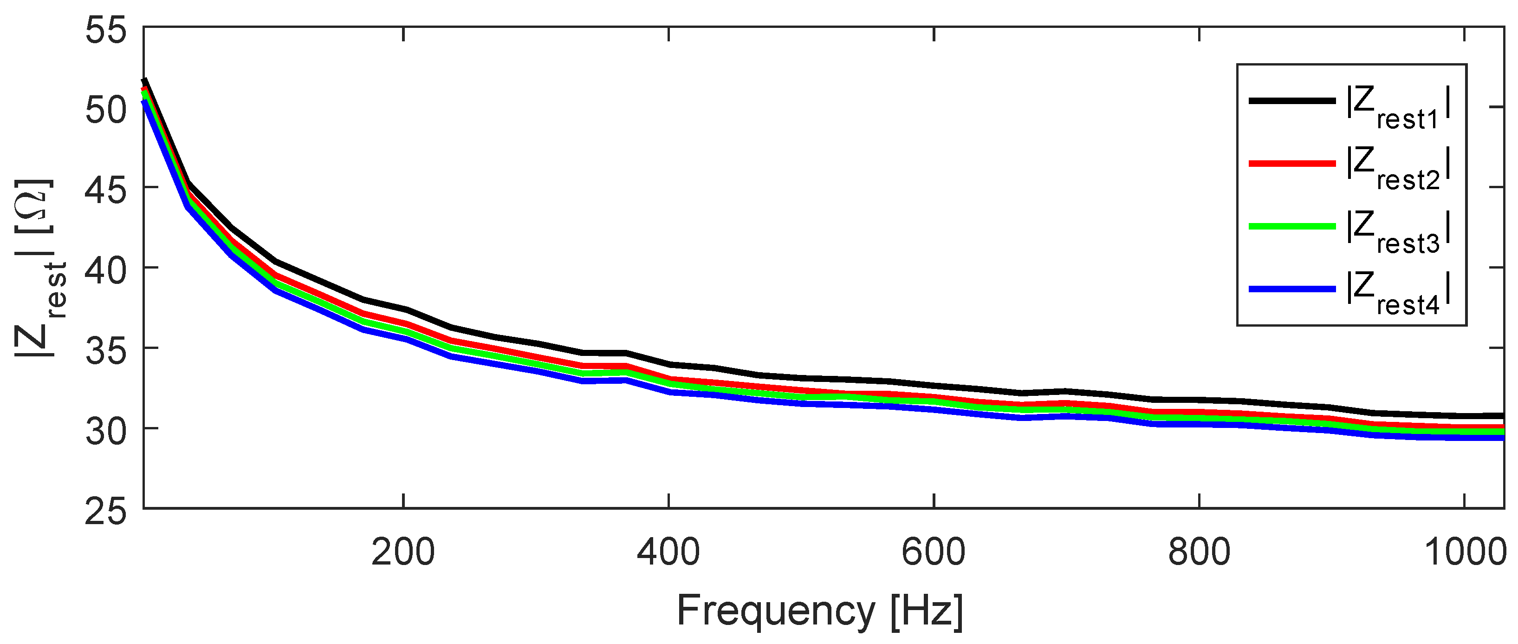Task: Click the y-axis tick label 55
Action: [x=105, y=30]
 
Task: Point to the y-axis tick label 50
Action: [x=105, y=110]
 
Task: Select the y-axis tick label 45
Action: [x=105, y=191]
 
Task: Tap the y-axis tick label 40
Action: [x=105, y=271]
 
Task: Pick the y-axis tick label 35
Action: [x=105, y=351]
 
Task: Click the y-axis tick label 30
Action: [x=105, y=431]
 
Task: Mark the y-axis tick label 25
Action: [x=105, y=511]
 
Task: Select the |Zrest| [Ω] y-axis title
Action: [x=39, y=269]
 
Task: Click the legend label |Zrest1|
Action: [x=1397, y=107]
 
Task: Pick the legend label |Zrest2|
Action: [x=1397, y=169]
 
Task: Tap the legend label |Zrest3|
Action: [x=1397, y=232]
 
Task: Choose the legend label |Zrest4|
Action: [x=1397, y=294]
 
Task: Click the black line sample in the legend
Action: [x=1292, y=101]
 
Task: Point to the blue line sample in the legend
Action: [x=1292, y=289]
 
